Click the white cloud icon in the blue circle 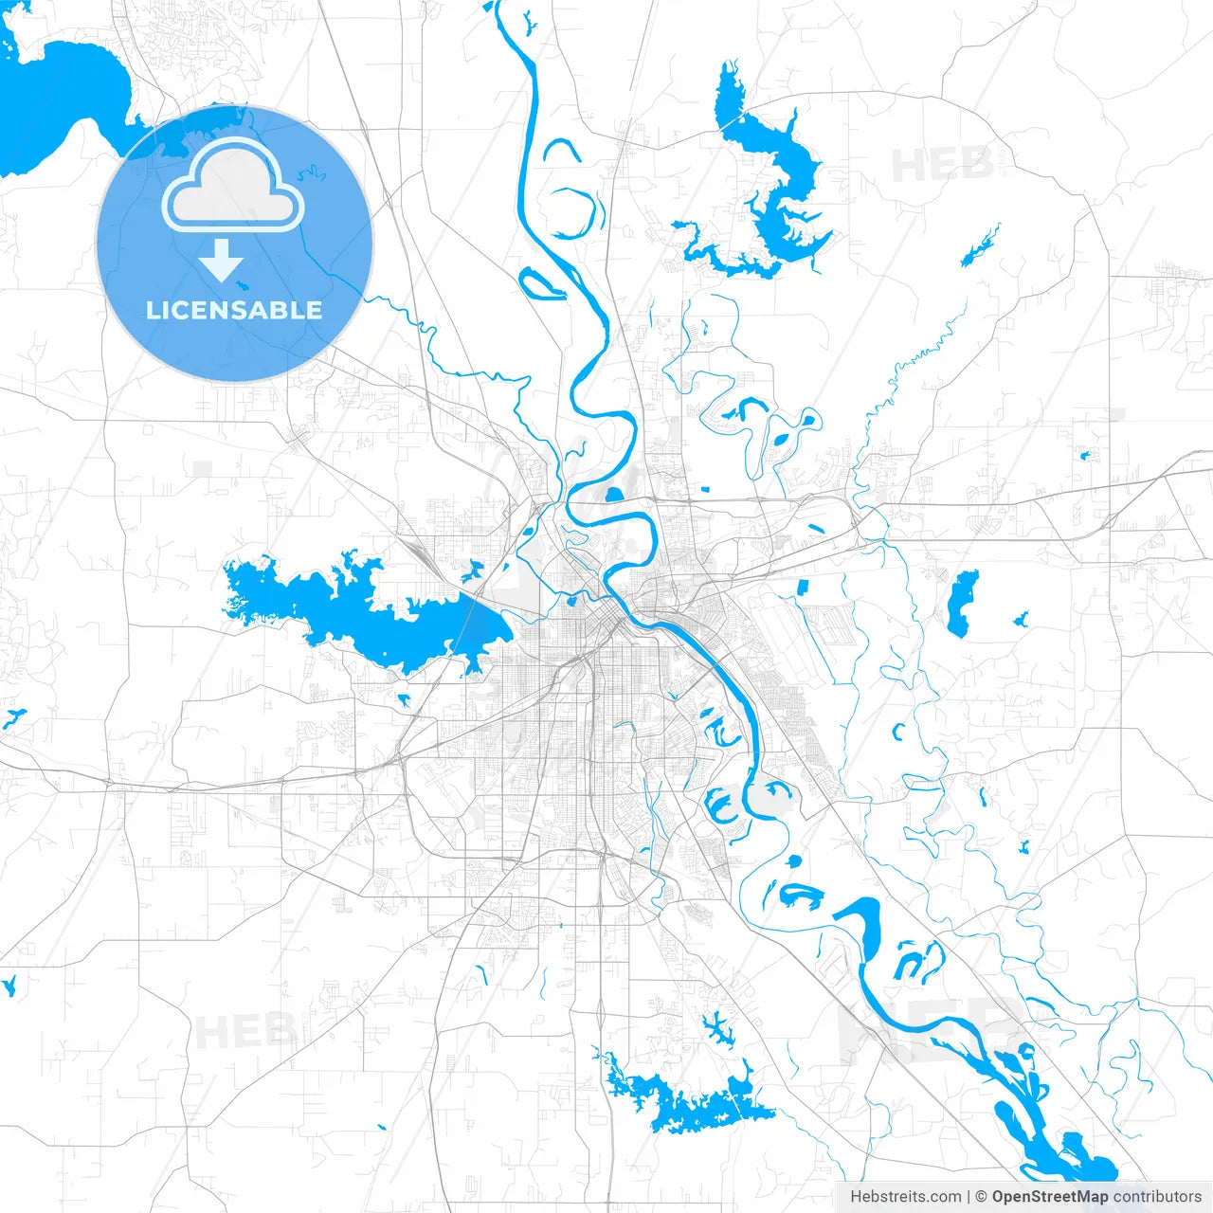click(x=233, y=190)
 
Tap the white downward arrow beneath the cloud click(x=222, y=261)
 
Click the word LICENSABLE click(x=234, y=310)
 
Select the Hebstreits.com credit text click(x=906, y=1197)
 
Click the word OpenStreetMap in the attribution click(x=1049, y=1197)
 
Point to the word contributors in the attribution click(x=1157, y=1197)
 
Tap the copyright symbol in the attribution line click(x=982, y=1197)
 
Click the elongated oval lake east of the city click(x=962, y=602)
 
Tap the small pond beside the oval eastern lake click(x=1020, y=621)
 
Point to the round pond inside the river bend click(x=613, y=494)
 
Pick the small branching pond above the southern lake click(x=716, y=1026)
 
